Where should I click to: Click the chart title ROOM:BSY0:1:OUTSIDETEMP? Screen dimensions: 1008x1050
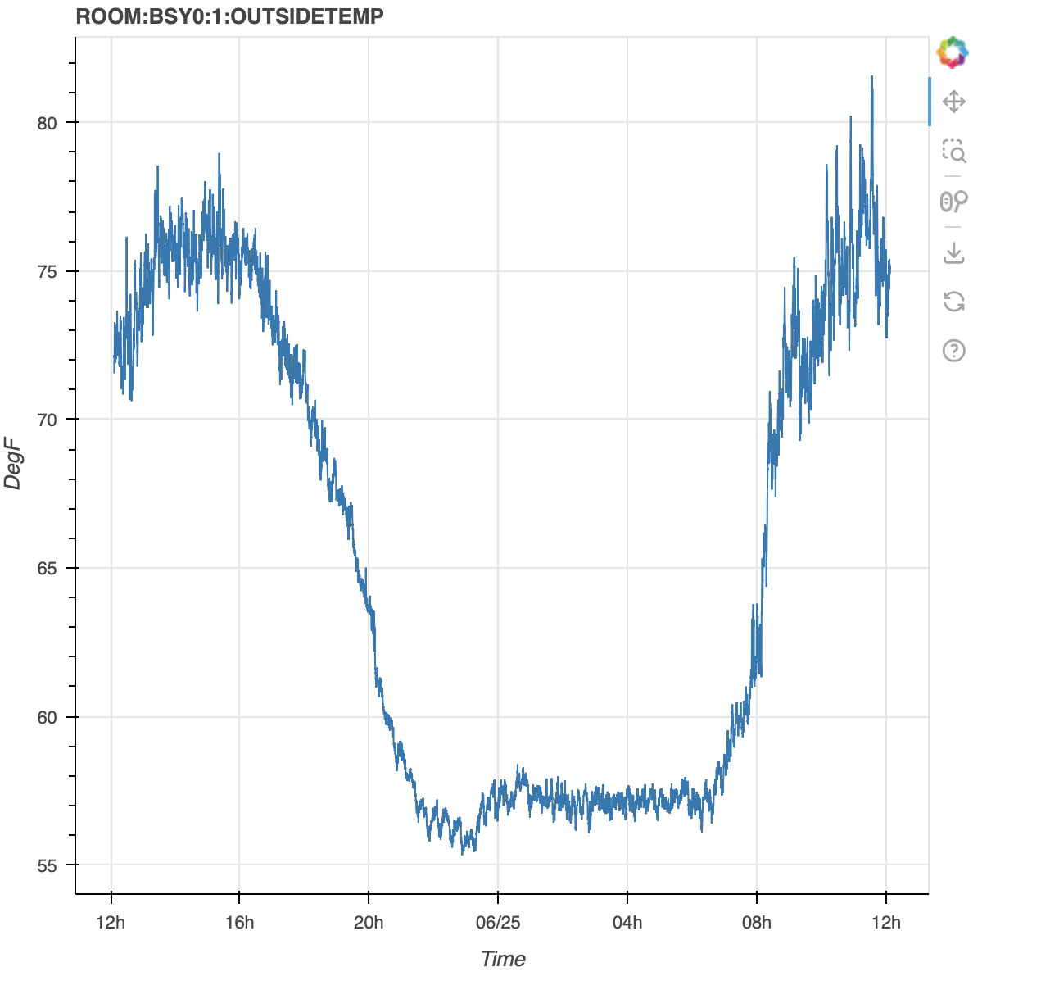(x=229, y=16)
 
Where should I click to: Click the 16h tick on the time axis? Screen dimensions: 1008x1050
(x=239, y=923)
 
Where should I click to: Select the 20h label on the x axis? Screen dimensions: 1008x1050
(x=369, y=923)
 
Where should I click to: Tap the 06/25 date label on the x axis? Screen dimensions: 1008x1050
(x=498, y=923)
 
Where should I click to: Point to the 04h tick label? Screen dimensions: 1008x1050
(x=627, y=923)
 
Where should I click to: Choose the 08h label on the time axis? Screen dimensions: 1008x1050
(x=757, y=923)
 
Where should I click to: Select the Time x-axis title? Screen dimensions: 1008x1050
(x=503, y=959)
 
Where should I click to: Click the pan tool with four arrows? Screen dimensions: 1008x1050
(x=954, y=102)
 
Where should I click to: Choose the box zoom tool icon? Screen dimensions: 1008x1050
(x=954, y=152)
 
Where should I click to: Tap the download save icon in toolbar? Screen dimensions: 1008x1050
(x=954, y=252)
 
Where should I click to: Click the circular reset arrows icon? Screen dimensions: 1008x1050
(x=954, y=301)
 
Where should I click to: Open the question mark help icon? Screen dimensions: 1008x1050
(x=954, y=351)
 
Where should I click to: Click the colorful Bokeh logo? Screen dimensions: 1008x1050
(x=953, y=52)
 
